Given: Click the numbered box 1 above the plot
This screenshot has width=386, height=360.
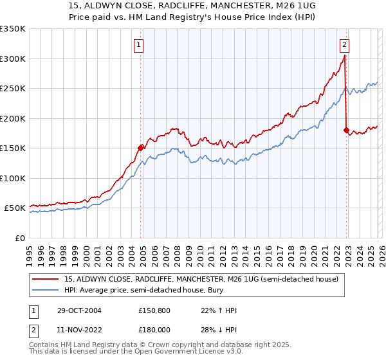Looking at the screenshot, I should (x=139, y=44).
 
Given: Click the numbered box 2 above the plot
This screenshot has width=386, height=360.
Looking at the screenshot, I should (x=345, y=44).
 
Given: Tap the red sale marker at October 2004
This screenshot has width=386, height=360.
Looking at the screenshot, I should (x=140, y=147).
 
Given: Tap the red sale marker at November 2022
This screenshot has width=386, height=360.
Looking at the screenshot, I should (x=347, y=130).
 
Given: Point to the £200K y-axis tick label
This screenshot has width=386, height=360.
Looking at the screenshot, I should (x=13, y=118).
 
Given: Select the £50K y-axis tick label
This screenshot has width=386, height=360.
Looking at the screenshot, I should (x=15, y=208).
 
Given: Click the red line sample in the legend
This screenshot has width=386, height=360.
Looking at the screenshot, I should (x=47, y=278).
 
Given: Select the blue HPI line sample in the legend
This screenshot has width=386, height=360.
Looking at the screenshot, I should (x=47, y=290).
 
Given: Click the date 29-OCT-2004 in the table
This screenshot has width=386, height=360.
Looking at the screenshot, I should (x=77, y=310).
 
